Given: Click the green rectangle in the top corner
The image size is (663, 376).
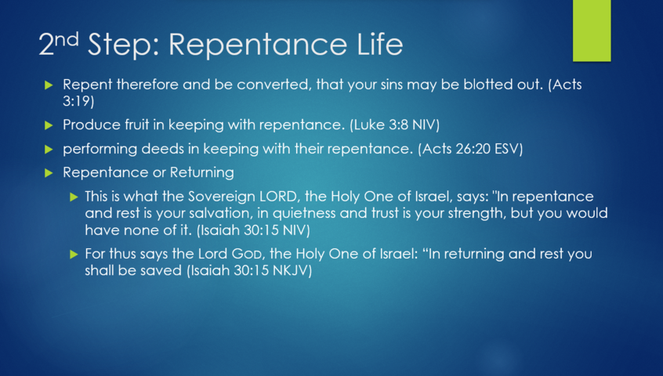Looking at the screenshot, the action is click(x=592, y=31).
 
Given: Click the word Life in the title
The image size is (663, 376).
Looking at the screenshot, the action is click(x=380, y=44).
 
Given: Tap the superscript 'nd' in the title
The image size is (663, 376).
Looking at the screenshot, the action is click(x=67, y=39).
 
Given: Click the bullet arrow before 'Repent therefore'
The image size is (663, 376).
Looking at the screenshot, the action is click(x=49, y=85).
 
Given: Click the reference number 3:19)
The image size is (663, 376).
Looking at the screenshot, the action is click(x=78, y=101).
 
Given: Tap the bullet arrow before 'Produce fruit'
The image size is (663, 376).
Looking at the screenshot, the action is click(x=49, y=125).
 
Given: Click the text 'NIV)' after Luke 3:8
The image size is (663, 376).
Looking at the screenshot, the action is click(x=426, y=125).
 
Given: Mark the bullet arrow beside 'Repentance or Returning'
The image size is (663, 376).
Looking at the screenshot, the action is click(x=49, y=173).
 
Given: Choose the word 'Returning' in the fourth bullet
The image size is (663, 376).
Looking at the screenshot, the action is click(x=201, y=172).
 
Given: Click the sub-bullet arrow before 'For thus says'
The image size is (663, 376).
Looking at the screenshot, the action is click(x=74, y=255).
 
